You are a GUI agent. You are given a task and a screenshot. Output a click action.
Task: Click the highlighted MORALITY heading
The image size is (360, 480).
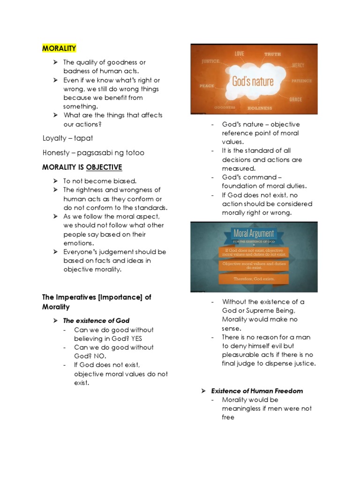click(x=59, y=48)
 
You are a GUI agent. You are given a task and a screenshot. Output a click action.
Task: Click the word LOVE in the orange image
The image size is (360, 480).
click(x=240, y=54)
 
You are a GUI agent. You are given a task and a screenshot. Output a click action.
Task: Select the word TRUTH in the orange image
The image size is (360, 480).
click(x=272, y=54)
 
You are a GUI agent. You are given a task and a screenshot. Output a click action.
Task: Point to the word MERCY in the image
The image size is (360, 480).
click(x=299, y=65)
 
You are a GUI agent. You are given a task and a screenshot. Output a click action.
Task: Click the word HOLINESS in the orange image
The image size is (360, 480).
click(x=259, y=108)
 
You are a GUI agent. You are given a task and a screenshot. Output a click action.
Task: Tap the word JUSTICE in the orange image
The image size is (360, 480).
click(x=210, y=61)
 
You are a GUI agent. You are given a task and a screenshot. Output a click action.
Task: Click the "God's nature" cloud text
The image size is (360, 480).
click(x=252, y=81)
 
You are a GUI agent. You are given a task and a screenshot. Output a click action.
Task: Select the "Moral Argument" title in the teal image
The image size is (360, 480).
click(x=253, y=233)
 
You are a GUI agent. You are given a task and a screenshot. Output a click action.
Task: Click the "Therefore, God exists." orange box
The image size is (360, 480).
click(x=254, y=279)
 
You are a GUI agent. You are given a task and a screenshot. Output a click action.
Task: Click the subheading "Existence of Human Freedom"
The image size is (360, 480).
click(x=257, y=390)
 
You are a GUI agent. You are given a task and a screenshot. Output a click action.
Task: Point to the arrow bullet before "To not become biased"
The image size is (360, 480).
click(x=55, y=181)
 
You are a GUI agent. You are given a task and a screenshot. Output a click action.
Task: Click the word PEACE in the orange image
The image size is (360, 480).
click(x=207, y=86)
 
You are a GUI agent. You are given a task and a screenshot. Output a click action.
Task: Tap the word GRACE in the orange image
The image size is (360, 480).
click(x=296, y=99)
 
